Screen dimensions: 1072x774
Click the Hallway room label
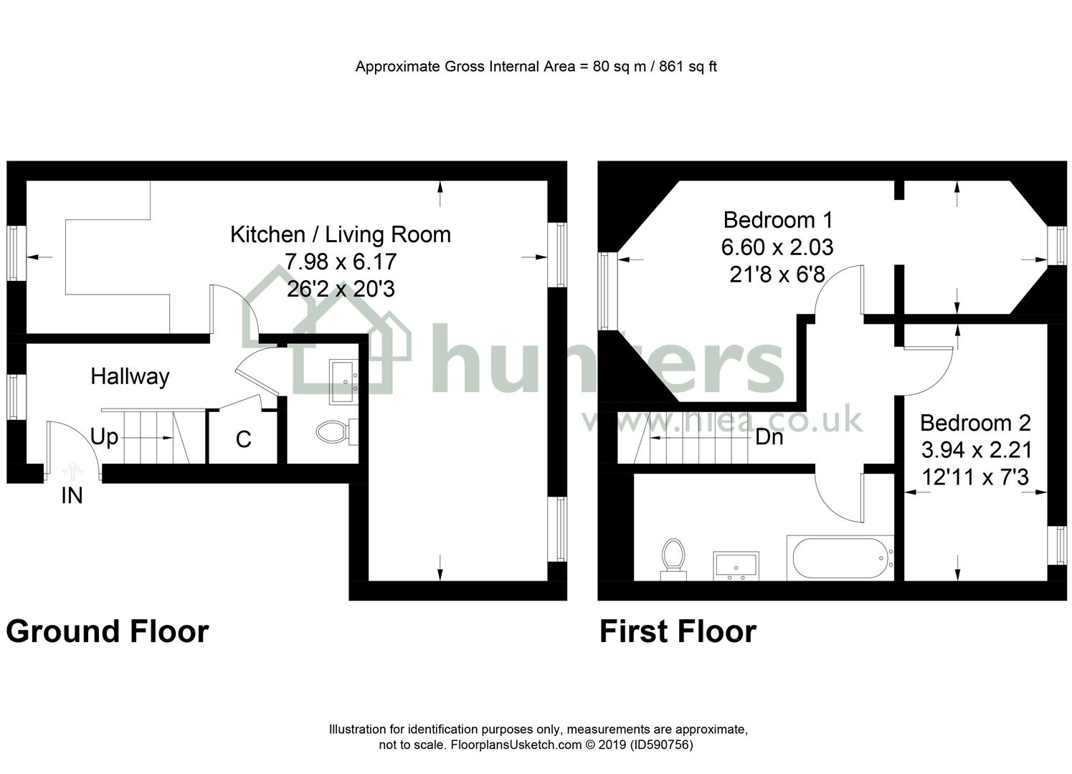point(130,377)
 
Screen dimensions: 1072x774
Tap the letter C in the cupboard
point(244,439)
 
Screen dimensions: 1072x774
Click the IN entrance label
point(72,496)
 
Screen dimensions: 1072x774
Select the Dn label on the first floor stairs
point(769,437)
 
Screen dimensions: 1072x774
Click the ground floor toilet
point(337,431)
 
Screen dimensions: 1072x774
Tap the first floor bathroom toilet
point(673,559)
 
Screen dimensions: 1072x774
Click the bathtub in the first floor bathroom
point(840,558)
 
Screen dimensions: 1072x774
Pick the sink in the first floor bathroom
point(736,566)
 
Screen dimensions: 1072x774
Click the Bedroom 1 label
point(778,220)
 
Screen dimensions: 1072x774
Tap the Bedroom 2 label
point(975,423)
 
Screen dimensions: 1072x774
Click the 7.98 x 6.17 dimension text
point(341,262)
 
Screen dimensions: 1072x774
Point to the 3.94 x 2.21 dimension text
point(977,450)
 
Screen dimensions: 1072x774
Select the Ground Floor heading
point(108,631)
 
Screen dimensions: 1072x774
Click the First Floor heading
point(678,631)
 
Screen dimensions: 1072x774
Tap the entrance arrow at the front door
point(72,471)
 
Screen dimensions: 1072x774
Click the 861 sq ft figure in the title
point(688,67)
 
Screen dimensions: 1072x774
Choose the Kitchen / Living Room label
point(341,234)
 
